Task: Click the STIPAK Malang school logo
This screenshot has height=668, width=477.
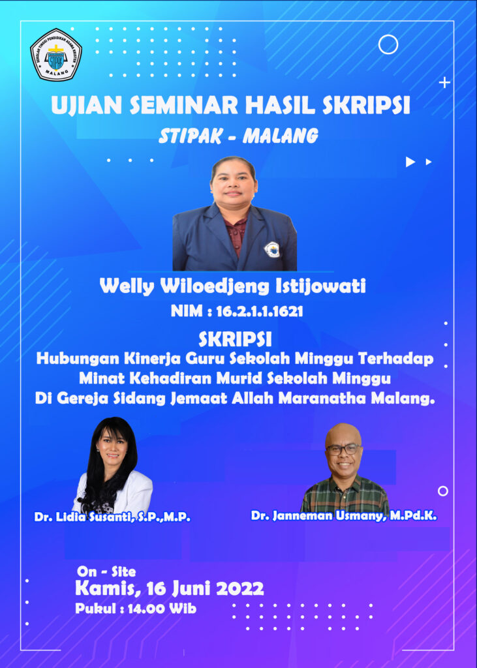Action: tap(56, 55)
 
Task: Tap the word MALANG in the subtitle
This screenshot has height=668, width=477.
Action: tap(280, 136)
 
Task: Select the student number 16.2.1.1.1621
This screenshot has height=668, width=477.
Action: tap(260, 311)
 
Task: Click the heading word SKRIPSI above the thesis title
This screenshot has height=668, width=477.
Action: tap(235, 340)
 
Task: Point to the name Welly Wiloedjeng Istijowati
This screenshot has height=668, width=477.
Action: tap(233, 286)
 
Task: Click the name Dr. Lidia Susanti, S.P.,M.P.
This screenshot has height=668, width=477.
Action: tap(112, 517)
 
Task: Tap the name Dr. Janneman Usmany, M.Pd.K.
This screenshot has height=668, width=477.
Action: tap(344, 515)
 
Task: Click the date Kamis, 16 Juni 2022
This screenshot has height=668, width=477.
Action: tap(170, 589)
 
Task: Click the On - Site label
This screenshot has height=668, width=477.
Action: tap(106, 571)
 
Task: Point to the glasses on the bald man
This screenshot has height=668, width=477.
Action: tap(344, 449)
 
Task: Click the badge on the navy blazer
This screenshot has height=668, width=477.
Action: tap(271, 250)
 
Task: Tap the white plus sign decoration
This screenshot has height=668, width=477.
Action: tap(444, 83)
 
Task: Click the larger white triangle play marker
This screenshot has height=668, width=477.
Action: tap(410, 162)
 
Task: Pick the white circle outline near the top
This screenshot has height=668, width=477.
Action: tap(388, 44)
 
